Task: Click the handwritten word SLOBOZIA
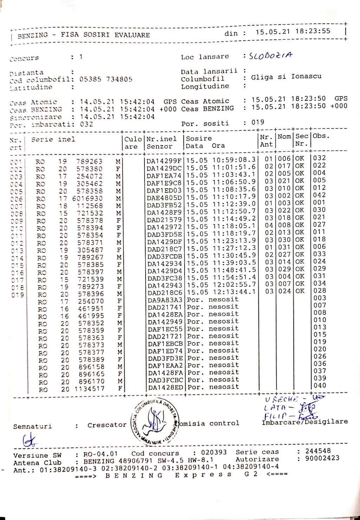click(x=270, y=56)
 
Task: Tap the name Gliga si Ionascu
click(x=286, y=77)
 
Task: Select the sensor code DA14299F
click(x=164, y=160)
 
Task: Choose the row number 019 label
click(x=17, y=295)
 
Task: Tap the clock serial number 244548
click(x=318, y=451)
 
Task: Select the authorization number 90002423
click(x=322, y=458)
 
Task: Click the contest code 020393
click(x=214, y=452)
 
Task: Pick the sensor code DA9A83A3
click(x=165, y=300)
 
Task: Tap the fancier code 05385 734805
click(x=106, y=79)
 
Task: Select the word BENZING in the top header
click(x=33, y=35)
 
